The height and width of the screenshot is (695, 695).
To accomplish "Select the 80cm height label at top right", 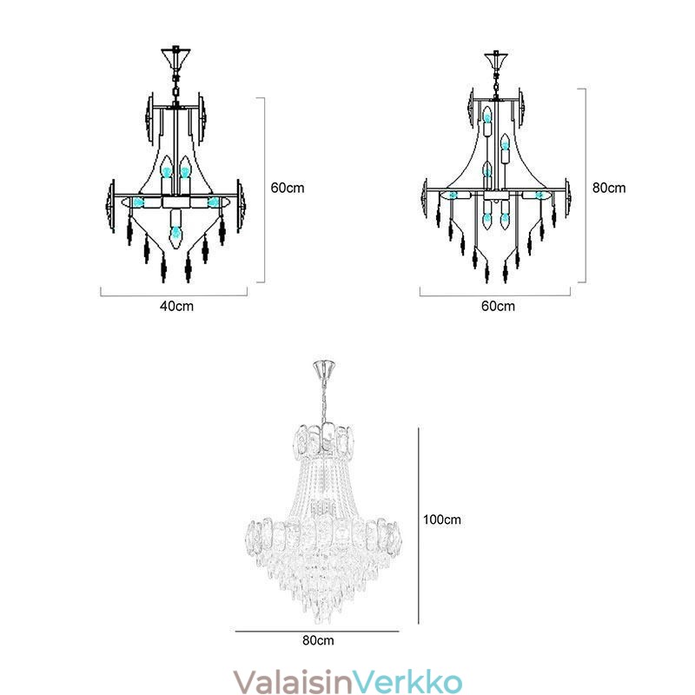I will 608,188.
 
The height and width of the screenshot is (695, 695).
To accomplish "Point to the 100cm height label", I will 441,520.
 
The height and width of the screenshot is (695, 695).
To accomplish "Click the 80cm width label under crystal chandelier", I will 318,640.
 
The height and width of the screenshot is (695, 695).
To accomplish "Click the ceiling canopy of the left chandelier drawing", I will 177,58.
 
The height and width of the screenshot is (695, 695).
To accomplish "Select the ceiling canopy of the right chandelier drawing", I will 497,63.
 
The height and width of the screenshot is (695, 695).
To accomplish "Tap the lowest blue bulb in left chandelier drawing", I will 176,232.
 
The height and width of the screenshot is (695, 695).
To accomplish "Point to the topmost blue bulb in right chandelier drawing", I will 487,114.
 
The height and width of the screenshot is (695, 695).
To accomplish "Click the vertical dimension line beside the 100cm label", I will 419,521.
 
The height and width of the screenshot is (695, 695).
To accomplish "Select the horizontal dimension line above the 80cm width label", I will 317,631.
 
